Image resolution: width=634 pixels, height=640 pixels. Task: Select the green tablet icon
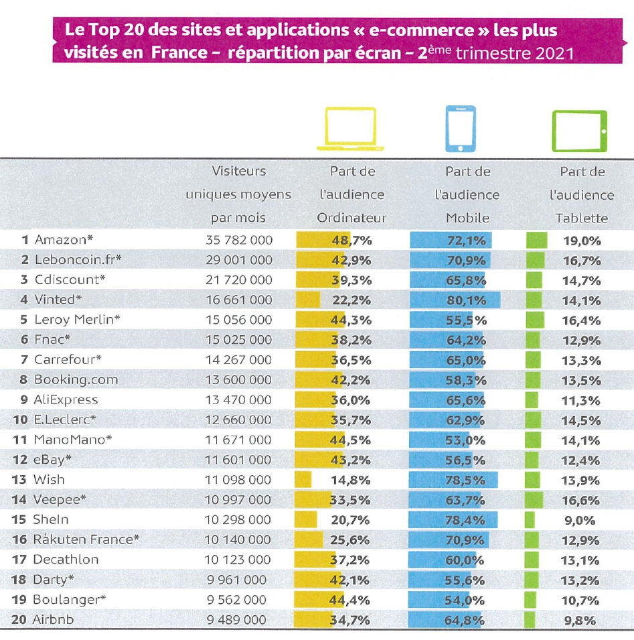[579, 130]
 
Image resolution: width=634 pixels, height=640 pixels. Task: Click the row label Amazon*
[66, 239]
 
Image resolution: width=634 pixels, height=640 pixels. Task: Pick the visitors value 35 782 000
[239, 239]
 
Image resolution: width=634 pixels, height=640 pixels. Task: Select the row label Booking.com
[76, 379]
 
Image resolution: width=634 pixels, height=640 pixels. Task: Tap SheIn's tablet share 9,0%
[581, 520]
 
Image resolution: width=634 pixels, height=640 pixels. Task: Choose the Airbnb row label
[53, 620]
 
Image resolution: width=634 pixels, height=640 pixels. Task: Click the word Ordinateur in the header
[351, 218]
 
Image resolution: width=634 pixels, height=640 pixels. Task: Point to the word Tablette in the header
[581, 218]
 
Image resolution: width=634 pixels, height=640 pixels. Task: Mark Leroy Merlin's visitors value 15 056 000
[239, 320]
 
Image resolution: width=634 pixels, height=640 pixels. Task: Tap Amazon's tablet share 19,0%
[581, 240]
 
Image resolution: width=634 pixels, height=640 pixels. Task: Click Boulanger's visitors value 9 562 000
[239, 600]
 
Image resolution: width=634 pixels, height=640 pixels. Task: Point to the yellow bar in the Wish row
[303, 480]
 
